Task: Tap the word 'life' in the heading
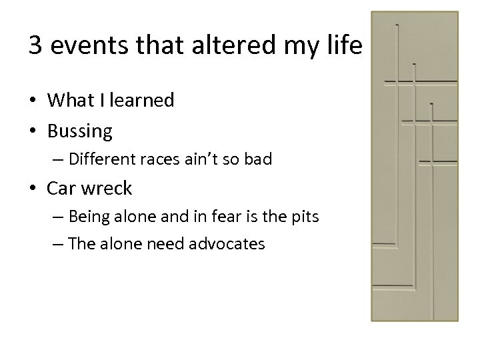[x=343, y=46]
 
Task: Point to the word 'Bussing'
[x=80, y=131]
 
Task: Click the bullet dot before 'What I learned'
[x=33, y=101]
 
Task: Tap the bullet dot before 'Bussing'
[x=33, y=131]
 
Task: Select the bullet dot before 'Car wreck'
[x=33, y=189]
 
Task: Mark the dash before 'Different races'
[x=59, y=161]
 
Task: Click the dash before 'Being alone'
[x=59, y=217]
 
